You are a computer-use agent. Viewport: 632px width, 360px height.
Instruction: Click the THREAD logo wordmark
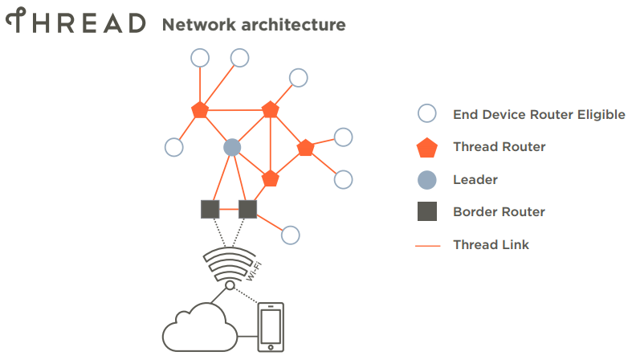tap(76, 22)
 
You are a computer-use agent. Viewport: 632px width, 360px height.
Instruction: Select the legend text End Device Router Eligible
tap(539, 114)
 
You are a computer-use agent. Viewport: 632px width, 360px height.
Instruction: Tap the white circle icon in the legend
tap(428, 114)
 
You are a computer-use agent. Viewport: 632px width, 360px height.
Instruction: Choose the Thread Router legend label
tap(499, 146)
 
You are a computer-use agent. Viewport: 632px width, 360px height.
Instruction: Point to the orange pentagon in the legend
tap(428, 147)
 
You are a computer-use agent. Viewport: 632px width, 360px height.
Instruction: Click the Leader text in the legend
tap(475, 179)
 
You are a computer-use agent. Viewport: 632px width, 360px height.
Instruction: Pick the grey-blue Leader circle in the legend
tap(428, 179)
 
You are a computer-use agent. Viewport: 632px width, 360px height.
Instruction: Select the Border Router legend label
tap(499, 212)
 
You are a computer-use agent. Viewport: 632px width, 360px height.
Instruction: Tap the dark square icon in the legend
tap(428, 212)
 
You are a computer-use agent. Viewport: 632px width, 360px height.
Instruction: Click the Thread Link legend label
tap(491, 244)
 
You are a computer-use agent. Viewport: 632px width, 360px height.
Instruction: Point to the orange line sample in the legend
tap(428, 245)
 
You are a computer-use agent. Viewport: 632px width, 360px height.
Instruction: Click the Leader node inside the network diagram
tap(232, 147)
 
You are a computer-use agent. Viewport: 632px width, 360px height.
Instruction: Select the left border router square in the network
tap(210, 210)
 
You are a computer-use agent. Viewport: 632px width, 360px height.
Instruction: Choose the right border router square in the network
tap(248, 210)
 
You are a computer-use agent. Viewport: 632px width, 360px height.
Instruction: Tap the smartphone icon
tap(271, 328)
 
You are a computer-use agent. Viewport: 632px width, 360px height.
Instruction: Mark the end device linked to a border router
tap(291, 235)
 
